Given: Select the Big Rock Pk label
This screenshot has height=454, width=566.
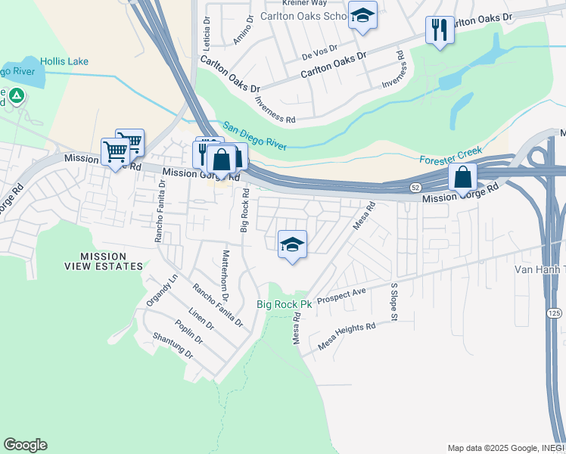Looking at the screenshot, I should point(284,305).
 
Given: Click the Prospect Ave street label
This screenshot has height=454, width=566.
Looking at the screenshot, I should point(341,294).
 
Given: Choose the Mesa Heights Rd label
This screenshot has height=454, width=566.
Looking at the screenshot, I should point(347,335).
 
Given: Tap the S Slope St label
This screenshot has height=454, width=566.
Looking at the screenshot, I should point(393,302).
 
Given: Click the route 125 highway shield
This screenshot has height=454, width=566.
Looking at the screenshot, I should point(555,312).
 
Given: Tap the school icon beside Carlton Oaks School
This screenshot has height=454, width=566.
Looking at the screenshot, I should point(362,16).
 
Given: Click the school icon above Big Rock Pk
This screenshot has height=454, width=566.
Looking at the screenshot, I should point(292,244).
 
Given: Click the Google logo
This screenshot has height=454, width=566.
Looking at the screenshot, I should point(25,445).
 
